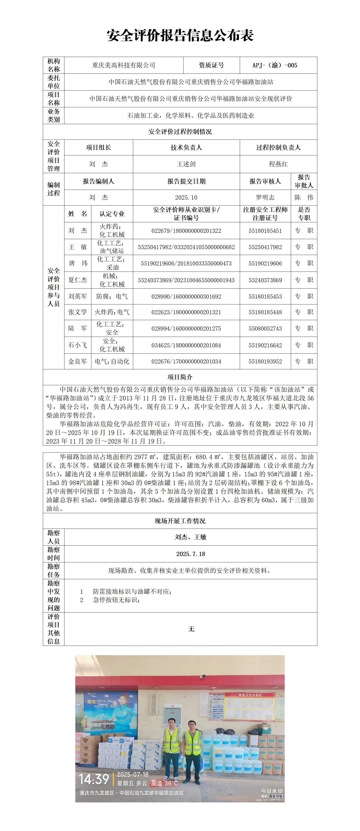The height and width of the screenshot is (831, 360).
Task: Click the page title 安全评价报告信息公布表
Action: point(180,35)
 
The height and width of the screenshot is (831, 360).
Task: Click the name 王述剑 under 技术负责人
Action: point(186,164)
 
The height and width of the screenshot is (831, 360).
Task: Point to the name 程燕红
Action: point(278,164)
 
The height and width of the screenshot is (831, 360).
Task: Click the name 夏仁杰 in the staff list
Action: point(77,280)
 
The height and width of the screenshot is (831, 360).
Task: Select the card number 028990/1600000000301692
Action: point(186,297)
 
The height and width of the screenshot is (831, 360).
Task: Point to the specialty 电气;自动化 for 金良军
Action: point(112,362)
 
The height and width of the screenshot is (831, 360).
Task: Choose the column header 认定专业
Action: point(112,214)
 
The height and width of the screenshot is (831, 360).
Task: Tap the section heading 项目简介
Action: point(180,377)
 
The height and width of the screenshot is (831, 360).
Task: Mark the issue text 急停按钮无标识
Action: point(116,600)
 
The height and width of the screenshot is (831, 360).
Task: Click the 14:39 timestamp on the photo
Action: point(94,780)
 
